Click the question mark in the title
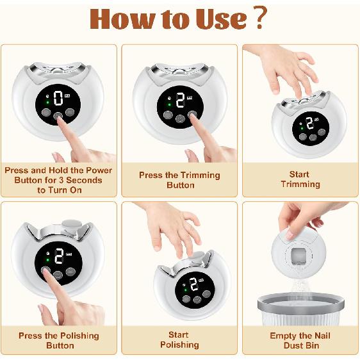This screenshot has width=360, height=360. (x=261, y=17)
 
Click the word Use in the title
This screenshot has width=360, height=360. (x=221, y=19)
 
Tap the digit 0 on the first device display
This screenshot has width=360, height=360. (x=58, y=98)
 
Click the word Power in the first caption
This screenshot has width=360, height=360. (x=99, y=170)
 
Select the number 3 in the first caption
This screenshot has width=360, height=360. (x=61, y=180)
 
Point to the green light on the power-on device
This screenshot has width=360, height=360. (x=48, y=102)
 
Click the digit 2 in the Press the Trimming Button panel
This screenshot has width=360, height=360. (x=180, y=100)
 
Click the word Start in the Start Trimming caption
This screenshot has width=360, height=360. (x=299, y=174)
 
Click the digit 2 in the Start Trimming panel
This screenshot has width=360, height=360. (x=310, y=123)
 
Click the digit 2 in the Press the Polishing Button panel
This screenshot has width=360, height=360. (x=59, y=256)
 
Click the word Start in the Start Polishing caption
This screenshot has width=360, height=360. (x=178, y=335)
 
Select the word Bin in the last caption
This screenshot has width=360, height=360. (x=313, y=345)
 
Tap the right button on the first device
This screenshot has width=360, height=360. (x=70, y=112)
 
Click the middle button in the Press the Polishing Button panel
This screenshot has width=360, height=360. (x=58, y=275)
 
